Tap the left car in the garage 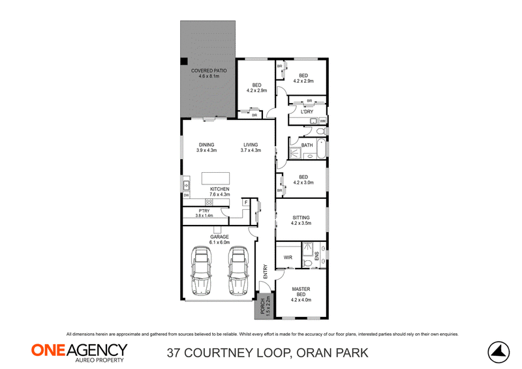[x=202, y=271]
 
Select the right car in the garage [x=238, y=271]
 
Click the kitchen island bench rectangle [x=216, y=178]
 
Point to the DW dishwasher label [x=187, y=196]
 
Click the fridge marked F [x=246, y=202]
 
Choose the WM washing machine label [x=322, y=121]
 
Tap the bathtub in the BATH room [x=321, y=149]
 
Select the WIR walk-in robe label [x=288, y=258]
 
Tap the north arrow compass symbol [x=499, y=352]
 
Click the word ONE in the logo [x=50, y=350]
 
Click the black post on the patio [x=184, y=61]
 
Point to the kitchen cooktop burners [x=209, y=202]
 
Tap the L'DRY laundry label [x=307, y=111]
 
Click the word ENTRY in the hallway [x=266, y=271]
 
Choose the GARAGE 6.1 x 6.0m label [x=219, y=239]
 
